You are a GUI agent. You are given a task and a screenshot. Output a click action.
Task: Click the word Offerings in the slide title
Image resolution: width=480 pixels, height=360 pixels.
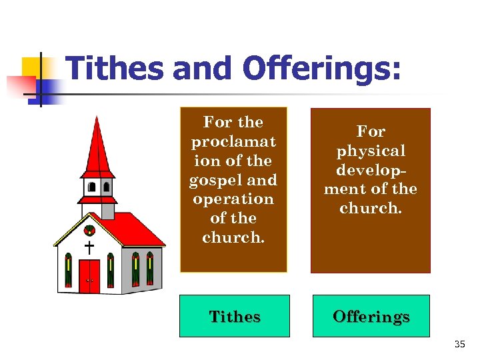[322, 69]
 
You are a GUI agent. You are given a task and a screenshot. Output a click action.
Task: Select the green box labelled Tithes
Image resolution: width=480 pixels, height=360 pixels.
[235, 316]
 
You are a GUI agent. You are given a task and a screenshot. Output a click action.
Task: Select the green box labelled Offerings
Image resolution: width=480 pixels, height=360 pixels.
[371, 316]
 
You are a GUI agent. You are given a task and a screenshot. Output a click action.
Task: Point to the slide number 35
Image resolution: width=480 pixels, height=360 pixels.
[459, 345]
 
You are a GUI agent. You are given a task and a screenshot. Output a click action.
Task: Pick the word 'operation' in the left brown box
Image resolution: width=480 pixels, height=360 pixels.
[233, 199]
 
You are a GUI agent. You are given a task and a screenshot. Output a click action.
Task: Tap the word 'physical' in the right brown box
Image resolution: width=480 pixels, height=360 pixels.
[371, 151]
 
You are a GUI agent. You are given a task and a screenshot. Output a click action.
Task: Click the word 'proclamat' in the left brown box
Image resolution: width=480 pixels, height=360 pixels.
[233, 141]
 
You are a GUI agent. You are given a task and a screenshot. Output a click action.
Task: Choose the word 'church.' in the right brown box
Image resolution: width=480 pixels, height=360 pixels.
[371, 208]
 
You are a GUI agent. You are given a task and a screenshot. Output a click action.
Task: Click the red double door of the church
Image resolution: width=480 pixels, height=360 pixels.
[89, 275]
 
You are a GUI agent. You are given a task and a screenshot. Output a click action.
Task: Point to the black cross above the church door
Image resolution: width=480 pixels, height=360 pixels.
[89, 247]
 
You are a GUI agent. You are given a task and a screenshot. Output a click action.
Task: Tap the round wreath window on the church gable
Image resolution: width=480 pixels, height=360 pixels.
[89, 231]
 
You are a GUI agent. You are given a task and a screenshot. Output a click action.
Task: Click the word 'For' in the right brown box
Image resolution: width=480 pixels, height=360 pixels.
[371, 131]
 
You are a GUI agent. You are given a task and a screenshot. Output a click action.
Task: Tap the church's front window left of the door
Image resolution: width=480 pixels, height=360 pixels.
[68, 270]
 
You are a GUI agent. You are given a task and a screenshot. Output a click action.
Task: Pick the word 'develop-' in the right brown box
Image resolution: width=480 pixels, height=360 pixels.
[371, 170]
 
